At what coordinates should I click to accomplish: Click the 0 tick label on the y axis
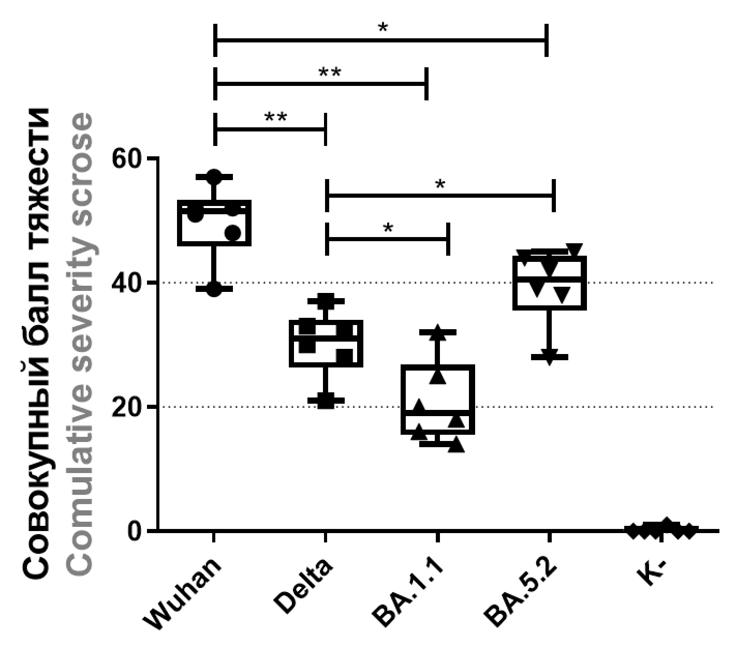(x=136, y=531)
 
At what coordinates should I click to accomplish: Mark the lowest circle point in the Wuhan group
(x=214, y=289)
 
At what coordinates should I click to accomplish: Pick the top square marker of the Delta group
(x=326, y=300)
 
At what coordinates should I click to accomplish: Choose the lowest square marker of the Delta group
(x=326, y=401)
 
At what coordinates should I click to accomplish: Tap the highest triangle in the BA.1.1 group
(x=438, y=332)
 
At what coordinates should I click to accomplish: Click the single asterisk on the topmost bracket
(x=382, y=28)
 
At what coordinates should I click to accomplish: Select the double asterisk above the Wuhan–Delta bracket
(x=275, y=117)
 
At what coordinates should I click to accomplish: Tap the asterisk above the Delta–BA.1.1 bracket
(x=388, y=228)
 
